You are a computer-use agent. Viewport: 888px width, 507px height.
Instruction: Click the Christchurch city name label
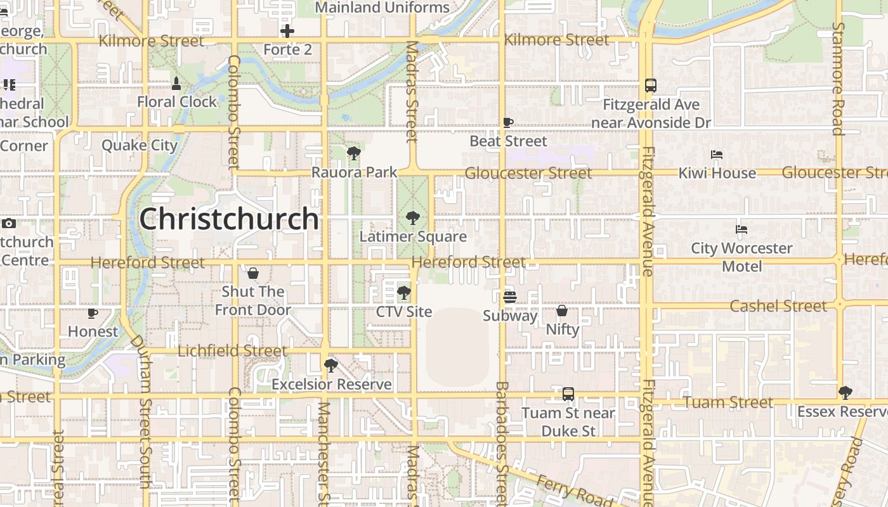(229, 219)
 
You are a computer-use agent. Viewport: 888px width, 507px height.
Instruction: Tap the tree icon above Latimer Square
(413, 219)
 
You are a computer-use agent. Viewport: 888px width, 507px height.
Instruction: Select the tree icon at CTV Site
(403, 293)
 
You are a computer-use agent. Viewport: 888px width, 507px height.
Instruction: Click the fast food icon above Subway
(509, 297)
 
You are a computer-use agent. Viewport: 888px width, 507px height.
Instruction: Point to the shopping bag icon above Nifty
(562, 311)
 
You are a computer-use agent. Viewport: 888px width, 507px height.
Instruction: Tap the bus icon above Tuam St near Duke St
(568, 394)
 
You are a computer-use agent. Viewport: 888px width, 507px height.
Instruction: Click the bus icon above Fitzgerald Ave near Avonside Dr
(651, 86)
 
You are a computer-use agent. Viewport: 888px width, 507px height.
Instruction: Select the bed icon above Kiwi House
(717, 155)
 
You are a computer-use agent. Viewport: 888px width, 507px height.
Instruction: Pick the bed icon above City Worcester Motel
(741, 229)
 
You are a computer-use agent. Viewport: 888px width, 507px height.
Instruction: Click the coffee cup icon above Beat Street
(508, 122)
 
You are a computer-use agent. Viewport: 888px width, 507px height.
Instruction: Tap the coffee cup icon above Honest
(93, 313)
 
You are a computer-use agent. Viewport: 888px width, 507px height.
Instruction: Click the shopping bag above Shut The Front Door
(253, 273)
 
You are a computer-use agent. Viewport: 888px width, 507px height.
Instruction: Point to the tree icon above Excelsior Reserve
(330, 365)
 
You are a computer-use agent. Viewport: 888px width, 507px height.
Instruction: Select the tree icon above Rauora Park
(354, 153)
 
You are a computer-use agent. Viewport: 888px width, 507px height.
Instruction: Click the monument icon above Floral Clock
(176, 83)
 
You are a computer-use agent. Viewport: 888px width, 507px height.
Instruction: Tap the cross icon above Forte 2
(287, 30)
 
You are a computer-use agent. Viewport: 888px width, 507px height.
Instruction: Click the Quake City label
(140, 145)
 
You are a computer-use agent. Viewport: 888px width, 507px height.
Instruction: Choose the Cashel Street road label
(778, 306)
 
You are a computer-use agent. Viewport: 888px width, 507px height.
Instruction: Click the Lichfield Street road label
(232, 350)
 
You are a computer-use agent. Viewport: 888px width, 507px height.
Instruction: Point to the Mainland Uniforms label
(382, 8)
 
